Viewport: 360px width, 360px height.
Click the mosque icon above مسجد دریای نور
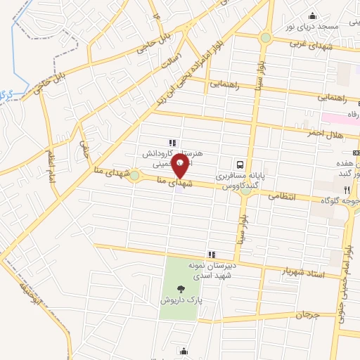click(x=312, y=15)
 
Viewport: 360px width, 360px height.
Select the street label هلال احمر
click(x=323, y=133)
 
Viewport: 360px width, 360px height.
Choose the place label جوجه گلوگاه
click(x=335, y=200)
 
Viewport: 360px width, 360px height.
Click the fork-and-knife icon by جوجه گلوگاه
click(x=347, y=189)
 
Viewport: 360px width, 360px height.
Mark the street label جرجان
click(x=308, y=315)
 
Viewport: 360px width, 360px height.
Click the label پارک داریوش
click(x=181, y=300)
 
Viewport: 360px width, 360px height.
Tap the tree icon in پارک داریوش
click(x=181, y=288)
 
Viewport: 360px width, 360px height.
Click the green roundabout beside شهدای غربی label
click(x=266, y=37)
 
